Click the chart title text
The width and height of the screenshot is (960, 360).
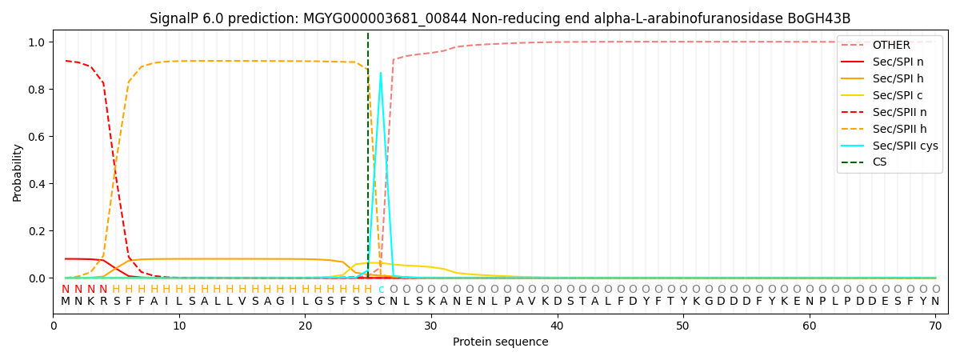(x=500, y=18)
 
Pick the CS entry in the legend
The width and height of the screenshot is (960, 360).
(x=879, y=162)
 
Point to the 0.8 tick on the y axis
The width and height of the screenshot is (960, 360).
(x=38, y=89)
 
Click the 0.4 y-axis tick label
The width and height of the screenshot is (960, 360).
(x=38, y=184)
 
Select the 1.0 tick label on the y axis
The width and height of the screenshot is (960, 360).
(x=38, y=42)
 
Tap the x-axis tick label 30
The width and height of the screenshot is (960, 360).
(x=431, y=326)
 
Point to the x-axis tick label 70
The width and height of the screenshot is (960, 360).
(x=935, y=326)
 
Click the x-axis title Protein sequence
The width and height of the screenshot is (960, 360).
(x=500, y=342)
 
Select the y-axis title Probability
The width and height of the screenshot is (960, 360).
(x=18, y=173)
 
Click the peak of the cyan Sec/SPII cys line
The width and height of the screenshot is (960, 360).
(x=381, y=73)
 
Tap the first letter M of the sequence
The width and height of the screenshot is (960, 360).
(x=66, y=302)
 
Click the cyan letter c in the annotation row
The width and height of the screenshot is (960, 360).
(x=381, y=290)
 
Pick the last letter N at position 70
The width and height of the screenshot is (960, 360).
(x=935, y=302)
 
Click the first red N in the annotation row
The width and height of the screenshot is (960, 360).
(x=66, y=290)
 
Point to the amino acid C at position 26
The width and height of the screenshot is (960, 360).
(x=381, y=302)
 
